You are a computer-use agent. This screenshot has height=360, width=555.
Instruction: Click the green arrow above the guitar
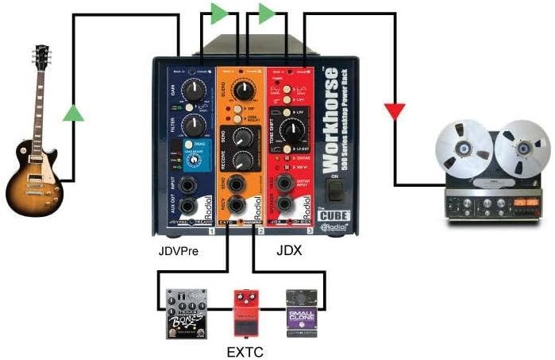(73, 113)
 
